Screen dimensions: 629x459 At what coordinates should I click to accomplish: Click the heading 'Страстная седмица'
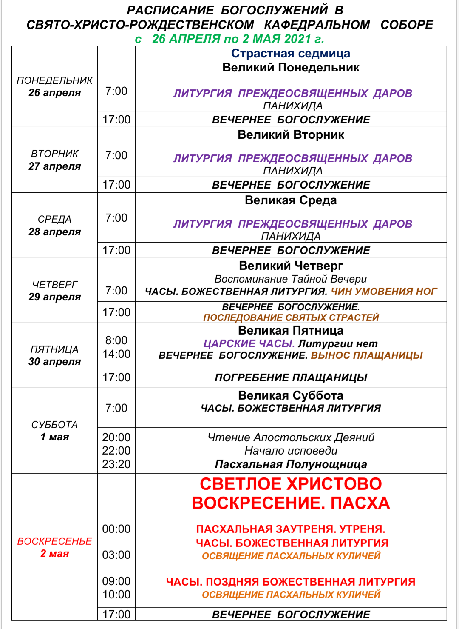click(x=291, y=54)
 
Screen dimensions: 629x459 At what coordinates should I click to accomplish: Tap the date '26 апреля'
click(x=54, y=93)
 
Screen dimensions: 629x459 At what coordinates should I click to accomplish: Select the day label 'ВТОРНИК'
click(x=54, y=154)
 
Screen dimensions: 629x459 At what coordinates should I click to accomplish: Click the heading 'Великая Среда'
click(x=291, y=200)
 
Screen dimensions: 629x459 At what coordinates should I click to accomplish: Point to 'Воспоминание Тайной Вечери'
click(x=291, y=279)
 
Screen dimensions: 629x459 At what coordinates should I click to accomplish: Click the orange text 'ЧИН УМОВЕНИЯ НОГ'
click(x=384, y=292)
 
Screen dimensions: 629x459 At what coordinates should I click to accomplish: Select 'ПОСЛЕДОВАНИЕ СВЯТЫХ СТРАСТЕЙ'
click(x=291, y=317)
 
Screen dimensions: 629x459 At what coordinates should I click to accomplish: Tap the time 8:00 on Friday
click(x=116, y=340)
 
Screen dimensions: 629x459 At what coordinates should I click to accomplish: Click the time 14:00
click(x=116, y=354)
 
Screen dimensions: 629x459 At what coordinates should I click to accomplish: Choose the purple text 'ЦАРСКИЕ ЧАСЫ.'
click(x=249, y=344)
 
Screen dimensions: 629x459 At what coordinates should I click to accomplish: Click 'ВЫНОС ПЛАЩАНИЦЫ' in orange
click(x=367, y=355)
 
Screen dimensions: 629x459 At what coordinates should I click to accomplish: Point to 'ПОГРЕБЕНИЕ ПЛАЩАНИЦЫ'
click(x=291, y=377)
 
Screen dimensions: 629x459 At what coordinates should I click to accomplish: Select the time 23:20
click(x=116, y=464)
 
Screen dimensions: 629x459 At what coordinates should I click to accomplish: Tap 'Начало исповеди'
click(x=291, y=451)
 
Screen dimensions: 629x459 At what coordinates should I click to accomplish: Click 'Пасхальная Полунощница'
click(x=291, y=464)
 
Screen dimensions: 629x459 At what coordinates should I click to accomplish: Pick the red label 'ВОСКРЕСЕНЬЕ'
click(x=54, y=541)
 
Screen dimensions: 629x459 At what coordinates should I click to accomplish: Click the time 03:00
click(x=116, y=555)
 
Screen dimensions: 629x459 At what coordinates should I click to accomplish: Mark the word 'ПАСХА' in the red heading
click(x=360, y=503)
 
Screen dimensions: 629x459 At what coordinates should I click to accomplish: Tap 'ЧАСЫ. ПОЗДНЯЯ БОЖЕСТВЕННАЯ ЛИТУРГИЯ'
click(x=291, y=582)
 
